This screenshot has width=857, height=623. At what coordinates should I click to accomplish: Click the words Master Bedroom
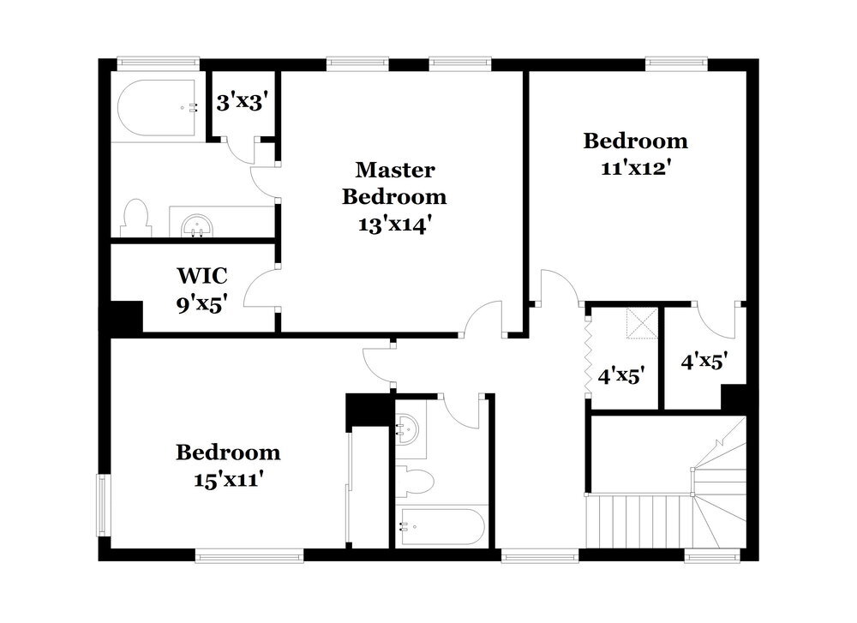394,183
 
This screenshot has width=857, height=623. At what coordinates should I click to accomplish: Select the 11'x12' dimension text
635,168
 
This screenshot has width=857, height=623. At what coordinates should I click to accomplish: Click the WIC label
201,276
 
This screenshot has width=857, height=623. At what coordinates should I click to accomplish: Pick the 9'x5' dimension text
201,303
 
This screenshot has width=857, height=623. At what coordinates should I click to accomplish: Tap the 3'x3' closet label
243,103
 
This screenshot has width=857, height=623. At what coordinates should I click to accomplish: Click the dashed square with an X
638,325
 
